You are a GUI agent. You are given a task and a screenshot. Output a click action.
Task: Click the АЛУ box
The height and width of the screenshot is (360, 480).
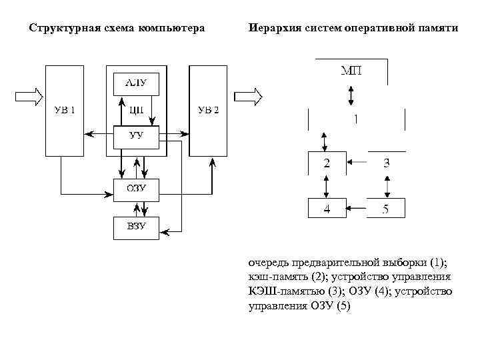point(136,83)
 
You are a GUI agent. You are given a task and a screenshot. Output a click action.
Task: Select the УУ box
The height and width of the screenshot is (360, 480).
point(136,137)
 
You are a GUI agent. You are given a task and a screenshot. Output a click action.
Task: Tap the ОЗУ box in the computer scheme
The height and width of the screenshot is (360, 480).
point(136,189)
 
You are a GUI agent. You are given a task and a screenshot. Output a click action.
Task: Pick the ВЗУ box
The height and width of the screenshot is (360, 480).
point(136,228)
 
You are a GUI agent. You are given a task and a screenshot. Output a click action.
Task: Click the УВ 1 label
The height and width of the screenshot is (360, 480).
point(65,110)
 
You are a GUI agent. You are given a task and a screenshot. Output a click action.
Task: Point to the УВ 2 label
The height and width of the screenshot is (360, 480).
point(208,110)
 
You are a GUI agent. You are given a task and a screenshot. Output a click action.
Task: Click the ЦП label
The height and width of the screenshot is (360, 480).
point(136,110)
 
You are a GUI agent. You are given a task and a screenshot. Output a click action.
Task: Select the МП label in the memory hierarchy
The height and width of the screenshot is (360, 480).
point(351,72)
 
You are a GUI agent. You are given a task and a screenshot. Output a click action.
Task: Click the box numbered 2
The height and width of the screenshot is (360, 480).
point(327,163)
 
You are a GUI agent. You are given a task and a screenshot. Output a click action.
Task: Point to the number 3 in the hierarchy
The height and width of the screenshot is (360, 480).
point(386,163)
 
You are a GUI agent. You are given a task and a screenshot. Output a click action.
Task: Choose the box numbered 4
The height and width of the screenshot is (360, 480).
point(327,208)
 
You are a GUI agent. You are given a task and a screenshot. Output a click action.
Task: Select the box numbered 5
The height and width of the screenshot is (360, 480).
point(385,208)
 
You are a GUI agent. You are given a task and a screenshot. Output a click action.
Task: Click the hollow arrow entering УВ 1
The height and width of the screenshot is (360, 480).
point(29,97)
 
